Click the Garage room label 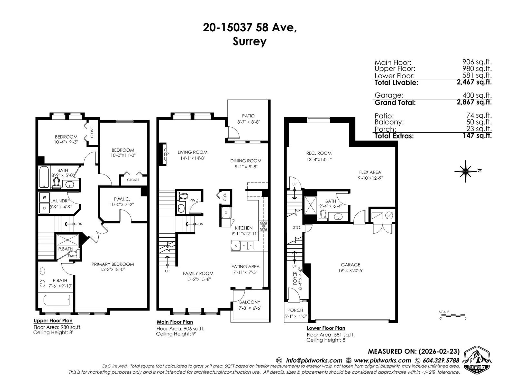[x=350, y=265]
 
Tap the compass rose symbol [x=466, y=171]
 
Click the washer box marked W [x=44, y=197]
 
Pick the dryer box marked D [x=44, y=208]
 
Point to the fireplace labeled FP [x=166, y=154]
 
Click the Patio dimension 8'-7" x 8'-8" [x=248, y=122]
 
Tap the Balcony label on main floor [x=250, y=302]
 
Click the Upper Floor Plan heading [x=53, y=321]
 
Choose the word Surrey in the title [x=250, y=42]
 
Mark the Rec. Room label [x=319, y=153]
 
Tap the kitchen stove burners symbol [x=263, y=225]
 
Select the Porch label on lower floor [x=295, y=310]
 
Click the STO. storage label [x=297, y=228]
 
